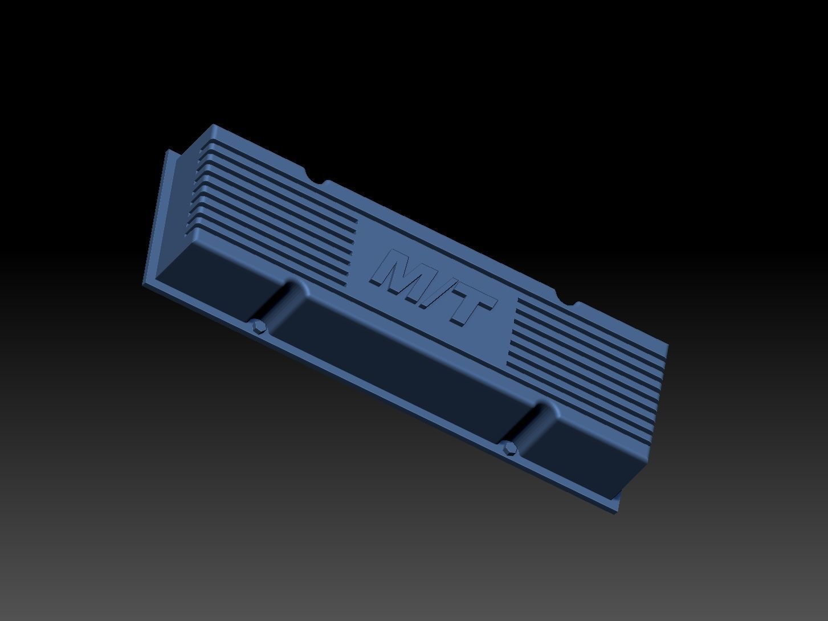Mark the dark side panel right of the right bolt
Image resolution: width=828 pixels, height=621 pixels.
[x=587, y=450]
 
